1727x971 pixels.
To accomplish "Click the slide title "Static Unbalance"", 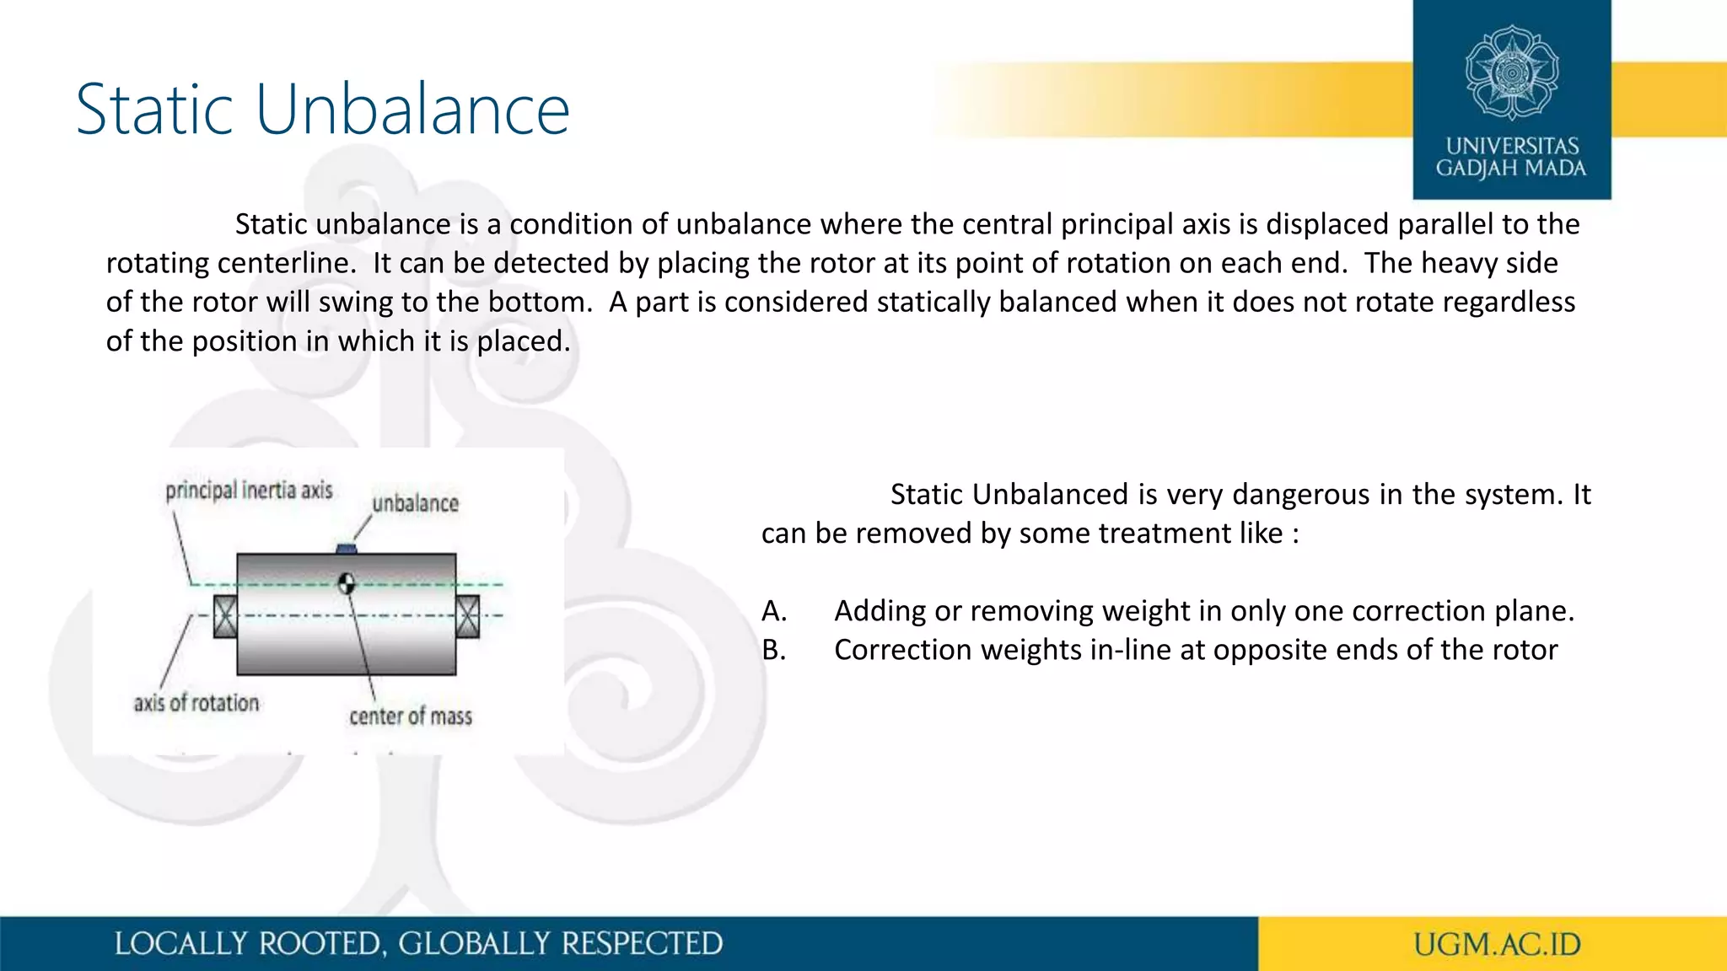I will click(x=323, y=110).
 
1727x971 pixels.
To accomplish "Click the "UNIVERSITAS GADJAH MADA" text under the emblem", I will click(x=1511, y=158).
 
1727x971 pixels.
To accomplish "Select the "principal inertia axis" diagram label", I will click(x=249, y=491).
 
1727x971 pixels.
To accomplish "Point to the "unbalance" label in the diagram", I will click(x=416, y=504).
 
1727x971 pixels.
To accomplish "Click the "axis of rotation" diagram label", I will click(x=196, y=703).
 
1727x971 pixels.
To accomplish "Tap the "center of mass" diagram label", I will click(x=411, y=716).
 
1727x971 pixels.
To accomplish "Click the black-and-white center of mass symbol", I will click(x=346, y=583).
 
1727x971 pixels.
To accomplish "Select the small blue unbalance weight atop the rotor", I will click(x=347, y=550).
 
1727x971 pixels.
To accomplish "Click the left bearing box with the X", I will click(x=225, y=616).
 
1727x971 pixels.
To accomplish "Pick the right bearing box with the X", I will click(x=468, y=616).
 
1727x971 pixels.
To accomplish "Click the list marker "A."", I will click(x=774, y=611).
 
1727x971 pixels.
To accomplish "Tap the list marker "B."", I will click(x=774, y=650).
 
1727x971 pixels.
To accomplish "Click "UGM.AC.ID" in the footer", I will click(x=1497, y=945).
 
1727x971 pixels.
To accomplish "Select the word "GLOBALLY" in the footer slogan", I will click(x=475, y=944).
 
